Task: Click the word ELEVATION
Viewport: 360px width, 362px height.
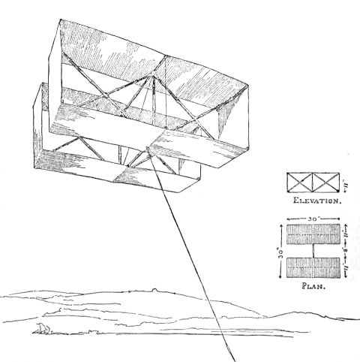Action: click(317, 201)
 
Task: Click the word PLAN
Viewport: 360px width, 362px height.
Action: click(313, 286)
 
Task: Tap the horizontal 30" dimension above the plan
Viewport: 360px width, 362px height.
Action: click(313, 219)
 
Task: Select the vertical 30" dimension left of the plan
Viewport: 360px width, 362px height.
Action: click(281, 251)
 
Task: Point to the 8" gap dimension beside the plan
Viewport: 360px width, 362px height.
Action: click(346, 251)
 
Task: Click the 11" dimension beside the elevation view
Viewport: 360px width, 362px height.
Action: click(346, 186)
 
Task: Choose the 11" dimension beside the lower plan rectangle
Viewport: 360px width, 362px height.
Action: click(346, 268)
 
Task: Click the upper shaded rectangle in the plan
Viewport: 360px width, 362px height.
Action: click(313, 234)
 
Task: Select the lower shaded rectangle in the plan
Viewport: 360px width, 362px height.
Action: click(313, 267)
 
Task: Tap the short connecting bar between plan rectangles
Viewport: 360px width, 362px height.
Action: click(313, 251)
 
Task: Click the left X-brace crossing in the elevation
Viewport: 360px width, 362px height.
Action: click(300, 183)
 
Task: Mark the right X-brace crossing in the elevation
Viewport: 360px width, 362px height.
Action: click(325, 183)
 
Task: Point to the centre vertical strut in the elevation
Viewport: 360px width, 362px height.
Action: click(313, 183)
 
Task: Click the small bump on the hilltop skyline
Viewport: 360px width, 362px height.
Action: click(154, 290)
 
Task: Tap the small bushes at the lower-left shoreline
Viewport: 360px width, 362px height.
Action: click(43, 328)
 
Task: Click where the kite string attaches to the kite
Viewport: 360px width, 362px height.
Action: click(148, 149)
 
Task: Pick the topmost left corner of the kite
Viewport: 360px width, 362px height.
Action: click(60, 20)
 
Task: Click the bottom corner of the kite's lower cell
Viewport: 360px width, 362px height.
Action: click(181, 192)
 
